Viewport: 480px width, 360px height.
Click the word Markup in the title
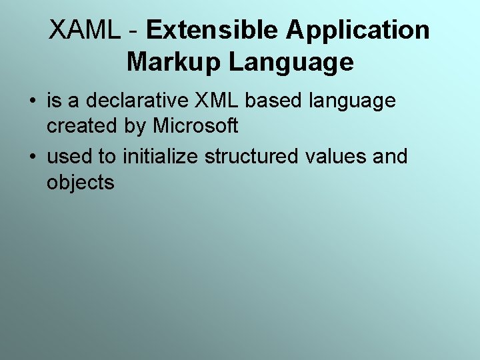(174, 63)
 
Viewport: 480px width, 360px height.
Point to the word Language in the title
(291, 63)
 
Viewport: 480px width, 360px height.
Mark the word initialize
(161, 157)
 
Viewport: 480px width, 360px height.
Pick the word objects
(81, 183)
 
